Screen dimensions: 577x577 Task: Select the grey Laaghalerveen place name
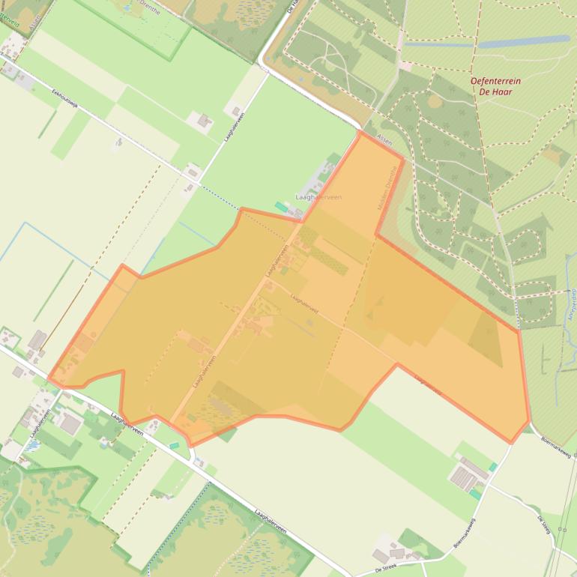point(318,197)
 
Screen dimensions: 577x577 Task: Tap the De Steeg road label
point(544,525)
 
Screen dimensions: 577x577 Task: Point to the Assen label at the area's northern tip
point(384,139)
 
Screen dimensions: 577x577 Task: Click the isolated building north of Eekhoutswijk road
point(204,120)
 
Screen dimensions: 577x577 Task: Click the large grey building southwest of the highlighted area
point(70,424)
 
